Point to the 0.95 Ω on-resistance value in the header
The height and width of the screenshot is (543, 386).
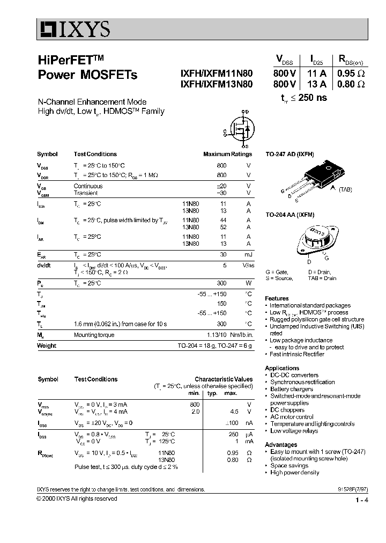[x=351, y=74]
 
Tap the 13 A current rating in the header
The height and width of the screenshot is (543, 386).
[x=316, y=84]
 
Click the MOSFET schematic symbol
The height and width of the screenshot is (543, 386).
[x=239, y=129]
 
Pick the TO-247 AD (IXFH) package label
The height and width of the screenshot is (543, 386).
[x=289, y=154]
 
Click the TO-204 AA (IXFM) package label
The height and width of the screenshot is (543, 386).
[x=289, y=214]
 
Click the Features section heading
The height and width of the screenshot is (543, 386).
[x=277, y=298]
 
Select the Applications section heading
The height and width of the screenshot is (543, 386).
[x=282, y=368]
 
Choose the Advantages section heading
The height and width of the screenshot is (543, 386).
[x=281, y=445]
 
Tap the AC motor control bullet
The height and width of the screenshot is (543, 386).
[x=292, y=417]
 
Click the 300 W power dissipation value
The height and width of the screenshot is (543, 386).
[x=221, y=283]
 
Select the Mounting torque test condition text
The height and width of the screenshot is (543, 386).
[x=94, y=335]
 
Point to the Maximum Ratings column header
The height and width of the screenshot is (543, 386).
[x=227, y=154]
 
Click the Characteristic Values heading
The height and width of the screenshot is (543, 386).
[x=223, y=379]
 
